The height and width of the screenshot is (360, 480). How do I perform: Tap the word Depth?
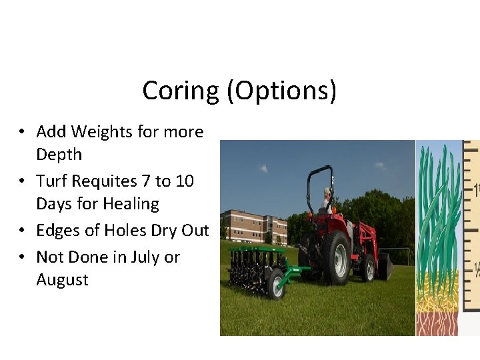pyautogui.click(x=59, y=155)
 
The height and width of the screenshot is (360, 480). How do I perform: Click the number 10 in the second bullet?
pyautogui.click(x=183, y=181)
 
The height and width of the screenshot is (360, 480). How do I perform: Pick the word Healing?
pyautogui.click(x=126, y=204)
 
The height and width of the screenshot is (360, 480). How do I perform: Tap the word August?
pyautogui.click(x=62, y=280)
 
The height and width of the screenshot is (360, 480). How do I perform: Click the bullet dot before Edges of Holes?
pyautogui.click(x=23, y=231)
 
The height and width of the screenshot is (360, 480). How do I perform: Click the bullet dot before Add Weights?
pyautogui.click(x=23, y=133)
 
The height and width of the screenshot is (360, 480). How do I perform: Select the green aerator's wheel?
pyautogui.click(x=276, y=283)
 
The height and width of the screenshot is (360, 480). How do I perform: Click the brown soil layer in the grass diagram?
pyautogui.click(x=437, y=323)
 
